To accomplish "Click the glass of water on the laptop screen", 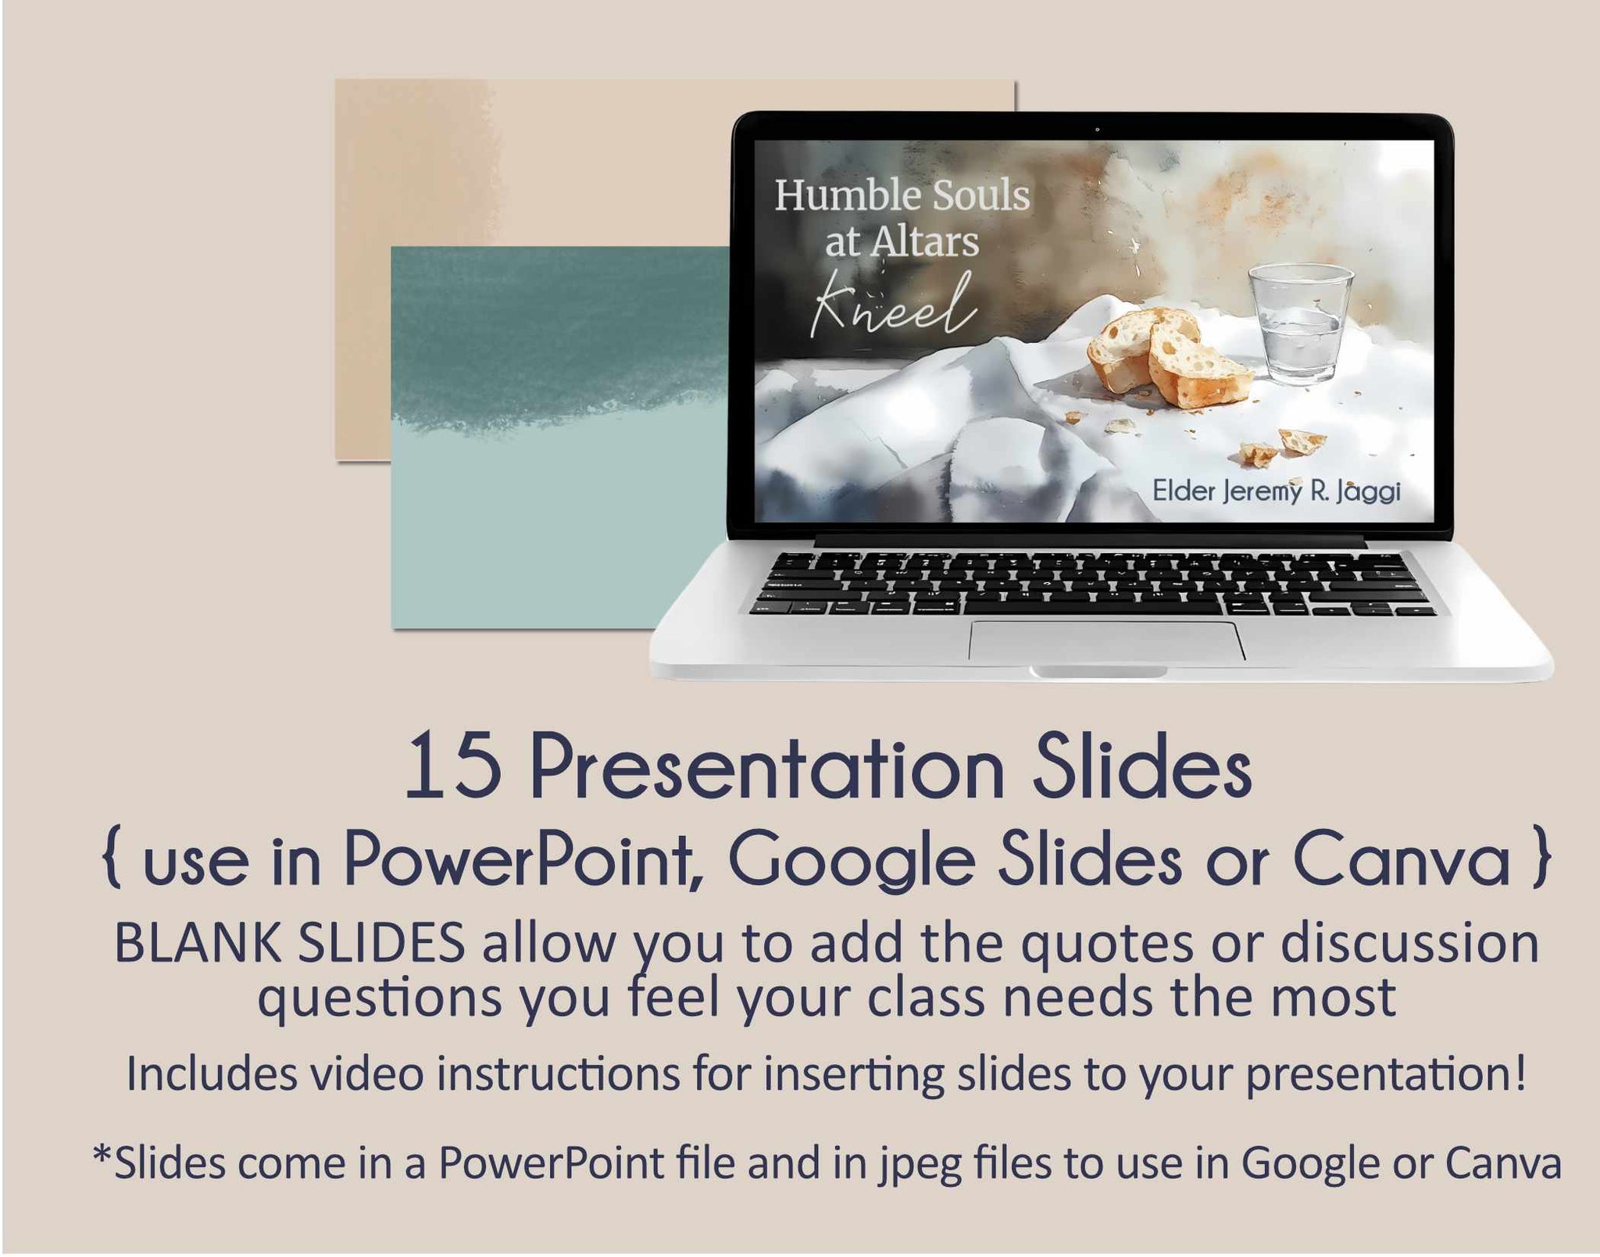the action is click(x=1300, y=323).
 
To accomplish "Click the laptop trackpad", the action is click(x=1107, y=641).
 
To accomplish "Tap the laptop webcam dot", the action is click(x=1096, y=129).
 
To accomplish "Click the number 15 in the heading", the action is click(x=453, y=766).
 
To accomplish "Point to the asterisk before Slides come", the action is click(x=102, y=1154).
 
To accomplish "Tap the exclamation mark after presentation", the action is click(x=1518, y=1073).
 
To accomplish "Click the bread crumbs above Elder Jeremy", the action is click(x=1281, y=445).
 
